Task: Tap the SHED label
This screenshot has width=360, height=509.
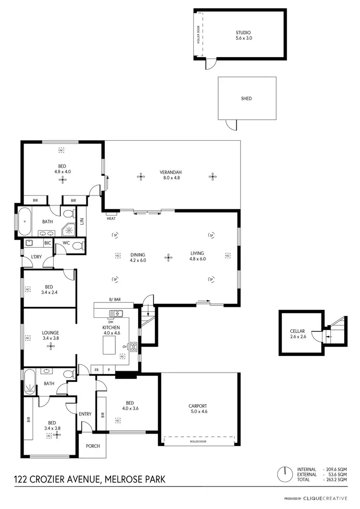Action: pos(246,98)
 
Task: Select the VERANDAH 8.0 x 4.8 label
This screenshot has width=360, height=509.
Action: pos(171,175)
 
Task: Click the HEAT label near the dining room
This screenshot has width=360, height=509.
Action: pos(111,218)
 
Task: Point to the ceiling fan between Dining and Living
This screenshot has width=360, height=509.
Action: pos(168,257)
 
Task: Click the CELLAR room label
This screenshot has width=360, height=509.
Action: pos(298,334)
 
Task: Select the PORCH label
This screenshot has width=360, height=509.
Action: pos(93,446)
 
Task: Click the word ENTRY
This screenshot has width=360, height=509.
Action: pos(85,414)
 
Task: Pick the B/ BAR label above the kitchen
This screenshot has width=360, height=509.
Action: pos(114,300)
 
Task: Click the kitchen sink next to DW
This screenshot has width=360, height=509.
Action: pos(116,314)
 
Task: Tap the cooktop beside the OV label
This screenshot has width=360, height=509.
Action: pos(135,346)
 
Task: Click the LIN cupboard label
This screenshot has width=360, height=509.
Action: pos(82,221)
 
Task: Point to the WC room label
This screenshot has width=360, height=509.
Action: pos(66,243)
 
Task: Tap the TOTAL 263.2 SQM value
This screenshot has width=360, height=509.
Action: pos(336,480)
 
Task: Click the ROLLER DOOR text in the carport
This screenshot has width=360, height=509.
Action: pos(198,441)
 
